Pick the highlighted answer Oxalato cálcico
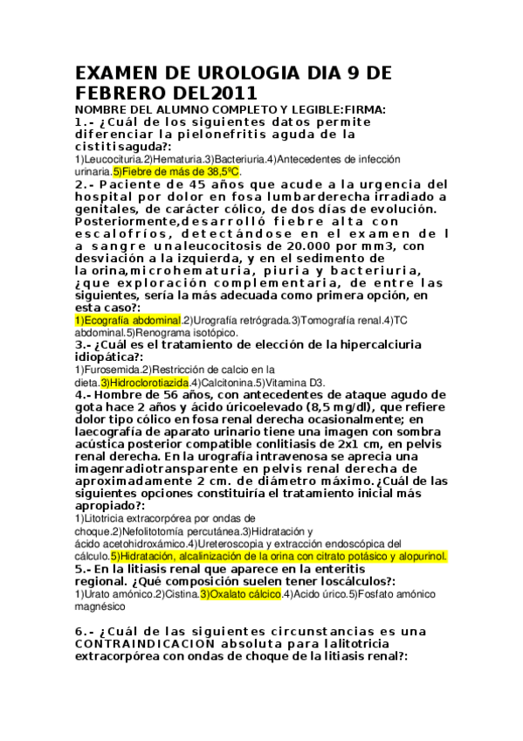click(241, 594)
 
